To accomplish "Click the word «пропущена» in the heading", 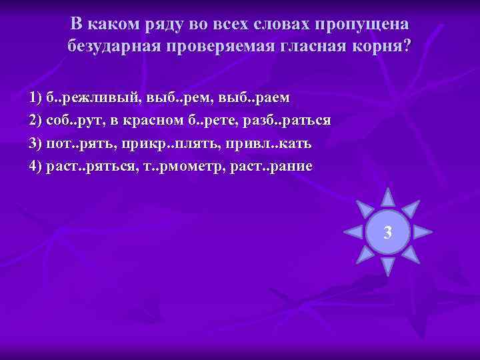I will pos(363,25).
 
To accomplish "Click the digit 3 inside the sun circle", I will pos(387,233).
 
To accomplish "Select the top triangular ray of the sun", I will pos(387,196).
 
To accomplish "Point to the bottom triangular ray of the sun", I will pos(387,267).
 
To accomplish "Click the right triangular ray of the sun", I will pos(423,232).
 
